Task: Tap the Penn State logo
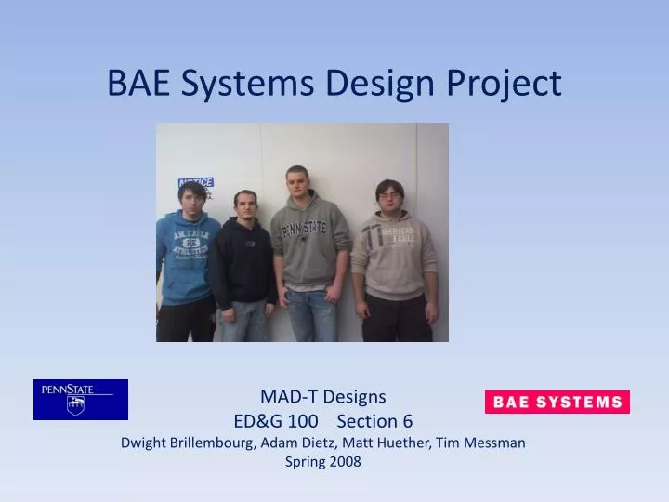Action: (x=81, y=400)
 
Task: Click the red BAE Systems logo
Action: (x=557, y=402)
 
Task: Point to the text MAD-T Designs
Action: (x=322, y=397)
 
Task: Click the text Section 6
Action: (x=374, y=420)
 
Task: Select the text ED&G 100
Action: (x=276, y=420)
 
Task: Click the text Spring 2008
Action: (x=322, y=462)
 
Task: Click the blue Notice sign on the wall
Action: (x=196, y=183)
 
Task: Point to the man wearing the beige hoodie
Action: (x=394, y=260)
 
